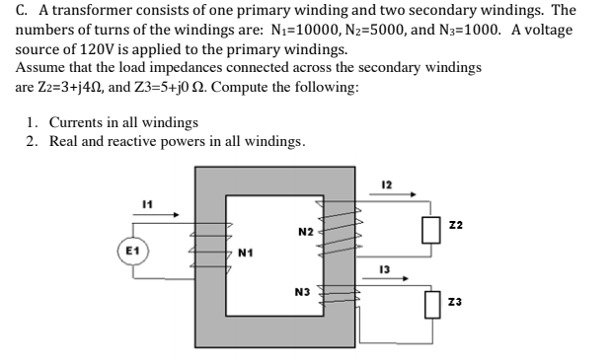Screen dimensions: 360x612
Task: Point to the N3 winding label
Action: pos(302,292)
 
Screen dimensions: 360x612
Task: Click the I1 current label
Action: pos(147,201)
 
